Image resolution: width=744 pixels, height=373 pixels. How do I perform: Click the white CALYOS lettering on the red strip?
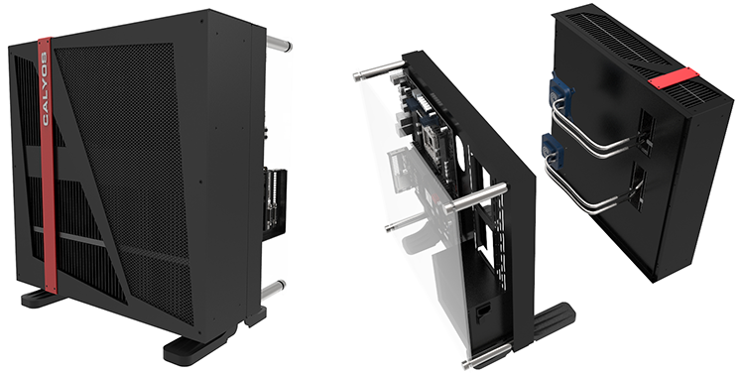click(x=44, y=88)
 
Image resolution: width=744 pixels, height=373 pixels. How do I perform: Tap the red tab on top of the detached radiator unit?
click(x=674, y=78)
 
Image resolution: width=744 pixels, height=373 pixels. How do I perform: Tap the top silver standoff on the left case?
click(x=279, y=44)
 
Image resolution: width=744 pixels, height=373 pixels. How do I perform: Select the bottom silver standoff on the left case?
click(x=274, y=289)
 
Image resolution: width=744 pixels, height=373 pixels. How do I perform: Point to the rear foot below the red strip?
click(x=42, y=299)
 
